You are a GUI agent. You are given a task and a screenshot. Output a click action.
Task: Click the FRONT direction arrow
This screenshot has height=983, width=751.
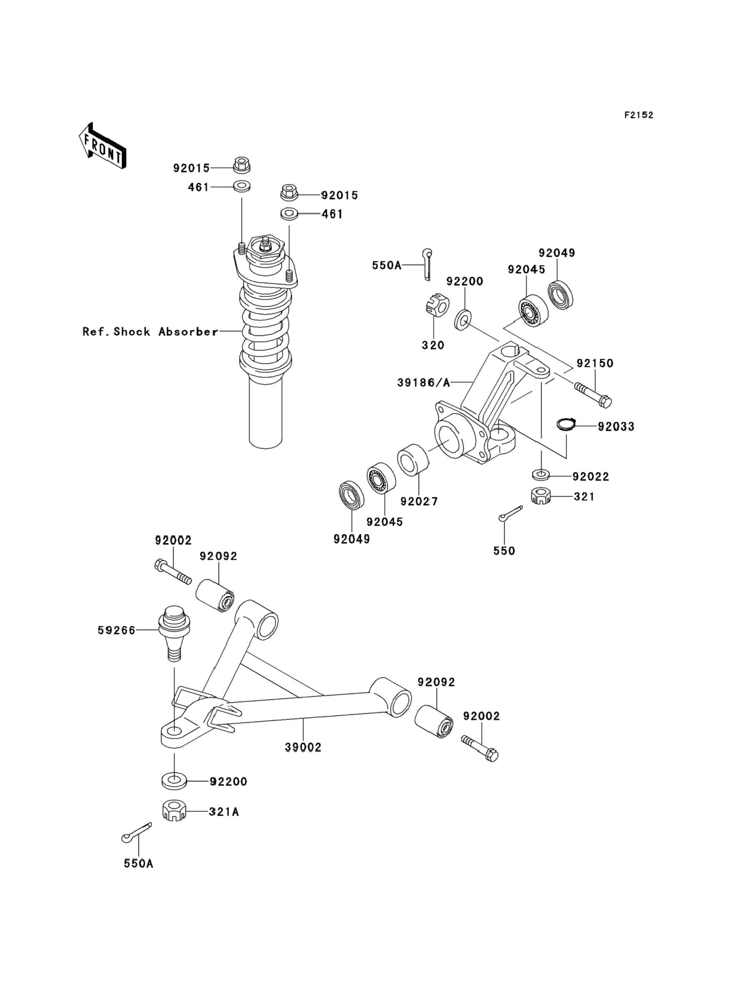click(102, 146)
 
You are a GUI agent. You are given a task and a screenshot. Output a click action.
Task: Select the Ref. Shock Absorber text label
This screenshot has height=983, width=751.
click(150, 332)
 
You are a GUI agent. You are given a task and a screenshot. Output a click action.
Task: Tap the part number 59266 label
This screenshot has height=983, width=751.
click(116, 630)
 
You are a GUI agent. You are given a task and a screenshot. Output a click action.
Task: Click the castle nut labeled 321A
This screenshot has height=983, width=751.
click(174, 811)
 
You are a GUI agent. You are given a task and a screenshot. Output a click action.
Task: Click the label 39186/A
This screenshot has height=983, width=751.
click(424, 382)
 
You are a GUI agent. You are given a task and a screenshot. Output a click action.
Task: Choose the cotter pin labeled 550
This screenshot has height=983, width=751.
click(510, 514)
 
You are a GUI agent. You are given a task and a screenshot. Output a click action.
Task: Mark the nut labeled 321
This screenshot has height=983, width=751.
click(540, 496)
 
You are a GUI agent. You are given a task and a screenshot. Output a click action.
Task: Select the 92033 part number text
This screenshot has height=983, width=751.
click(616, 427)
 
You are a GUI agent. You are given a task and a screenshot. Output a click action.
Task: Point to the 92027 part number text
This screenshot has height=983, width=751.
click(419, 501)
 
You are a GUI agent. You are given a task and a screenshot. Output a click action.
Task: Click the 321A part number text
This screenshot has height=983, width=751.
click(224, 812)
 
